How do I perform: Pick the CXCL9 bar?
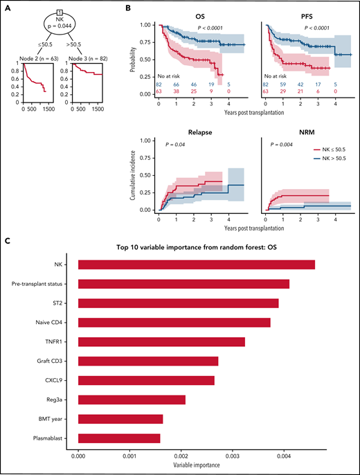146,380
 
